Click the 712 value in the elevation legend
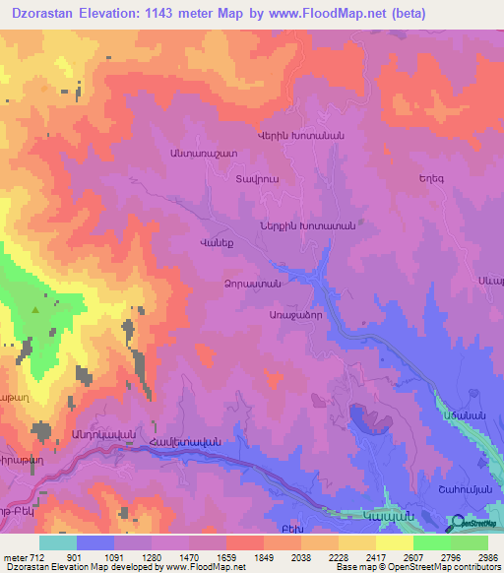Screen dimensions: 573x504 coord(25,556)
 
